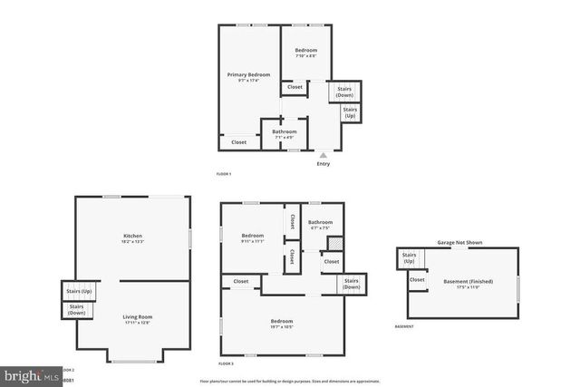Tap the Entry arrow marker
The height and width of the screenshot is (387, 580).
coord(324,156)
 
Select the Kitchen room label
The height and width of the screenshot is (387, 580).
coord(133,238)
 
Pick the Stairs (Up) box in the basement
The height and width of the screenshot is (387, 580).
coord(410,259)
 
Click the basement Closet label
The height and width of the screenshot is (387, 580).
coord(417,280)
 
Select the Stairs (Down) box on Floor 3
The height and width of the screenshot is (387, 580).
coord(352,284)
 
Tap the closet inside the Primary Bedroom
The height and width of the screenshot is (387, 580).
coord(238,142)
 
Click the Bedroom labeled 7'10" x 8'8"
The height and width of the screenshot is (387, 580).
coord(305,53)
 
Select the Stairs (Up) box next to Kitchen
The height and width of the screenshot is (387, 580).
coord(79,292)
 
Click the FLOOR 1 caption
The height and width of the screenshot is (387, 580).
coord(224,173)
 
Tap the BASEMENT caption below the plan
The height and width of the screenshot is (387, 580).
coord(404,326)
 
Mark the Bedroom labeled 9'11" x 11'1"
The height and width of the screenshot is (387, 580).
coord(252,237)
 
